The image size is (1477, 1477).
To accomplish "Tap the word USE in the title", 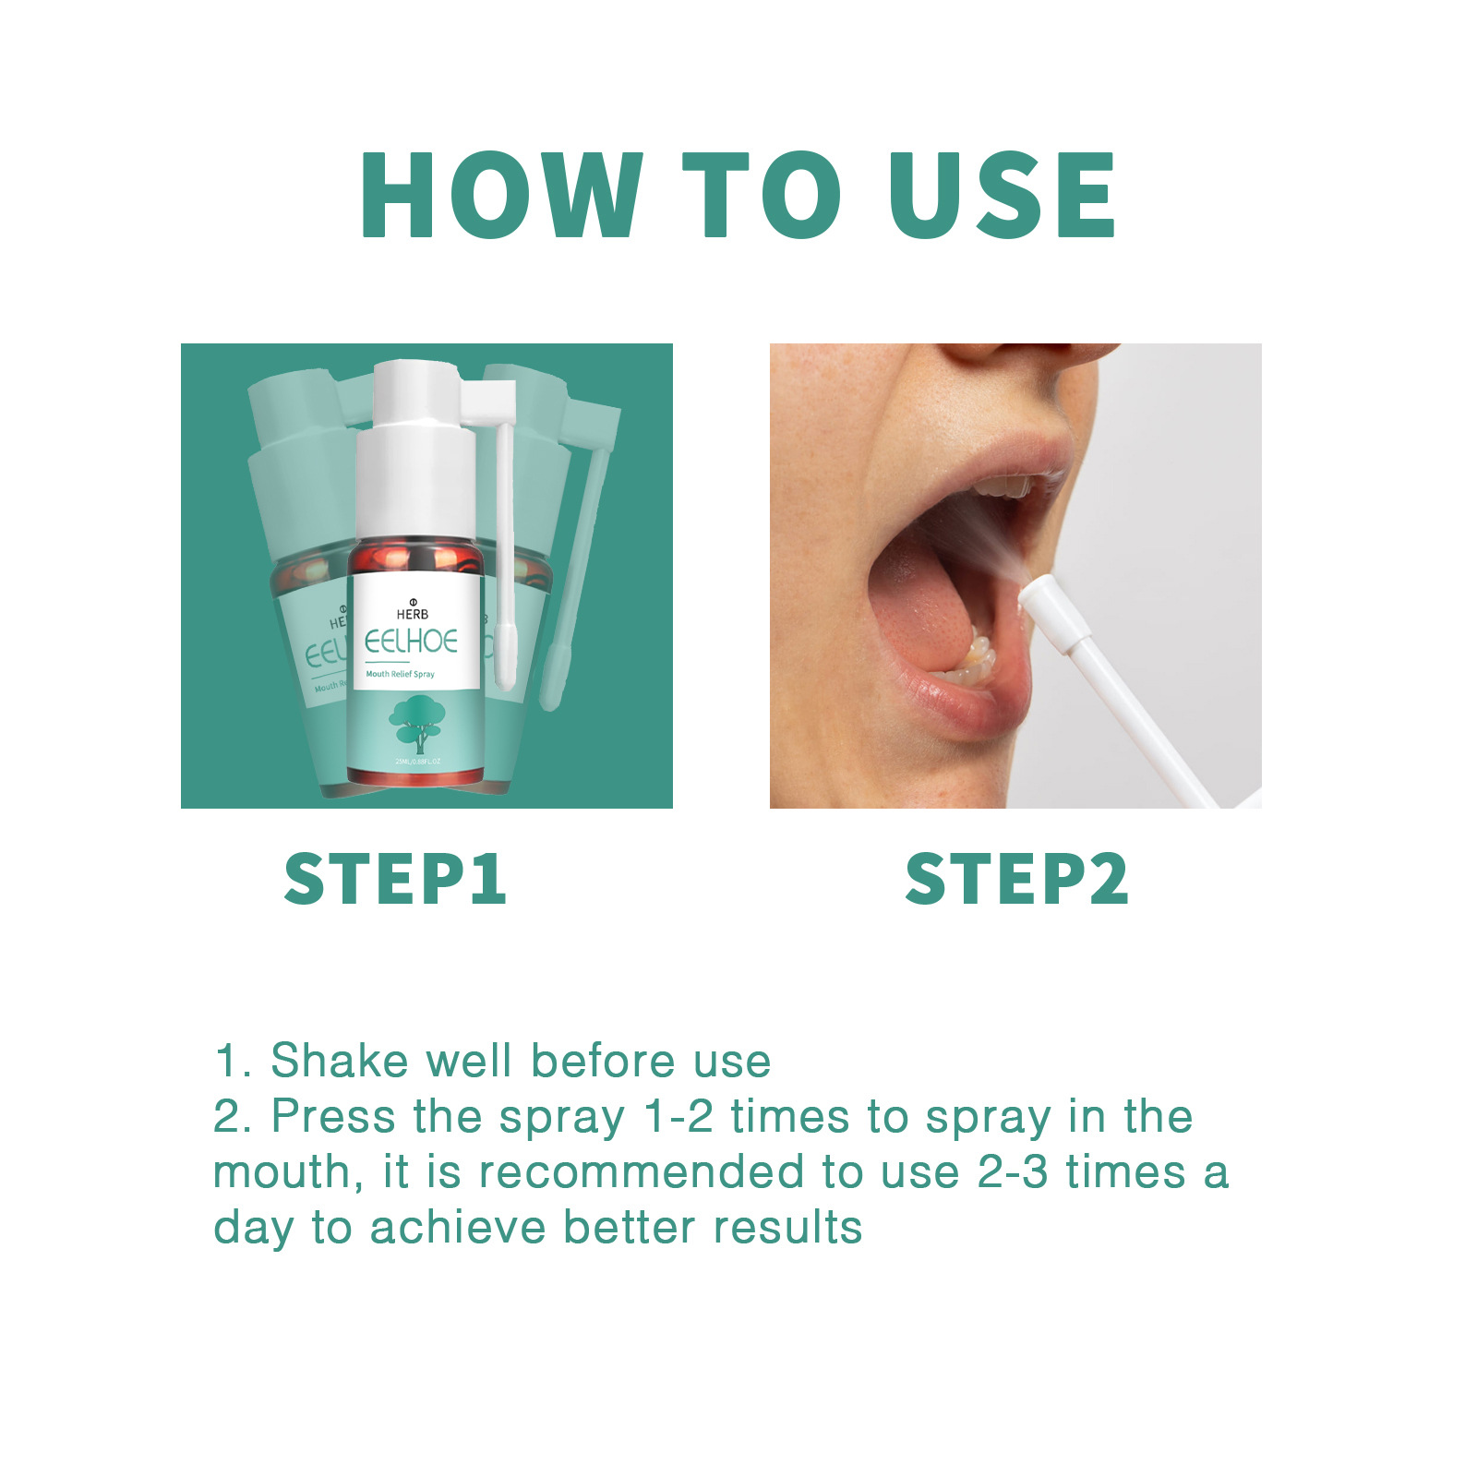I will pyautogui.click(x=1002, y=196).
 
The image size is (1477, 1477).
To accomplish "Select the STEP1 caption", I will pyautogui.click(x=395, y=879).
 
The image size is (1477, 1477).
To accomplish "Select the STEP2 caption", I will pyautogui.click(x=1016, y=879).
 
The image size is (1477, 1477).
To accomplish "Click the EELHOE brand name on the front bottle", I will pyautogui.click(x=411, y=642).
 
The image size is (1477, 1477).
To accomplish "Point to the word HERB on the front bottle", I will pyautogui.click(x=413, y=614).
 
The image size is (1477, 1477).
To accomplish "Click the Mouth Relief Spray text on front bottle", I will pyautogui.click(x=400, y=674).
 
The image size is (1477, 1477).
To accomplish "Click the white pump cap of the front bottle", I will pyautogui.click(x=415, y=462).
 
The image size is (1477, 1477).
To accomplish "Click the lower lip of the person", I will pyautogui.click(x=960, y=706).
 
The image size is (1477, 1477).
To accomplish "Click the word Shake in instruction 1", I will pyautogui.click(x=339, y=1061).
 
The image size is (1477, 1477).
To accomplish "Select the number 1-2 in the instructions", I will pyautogui.click(x=678, y=1117).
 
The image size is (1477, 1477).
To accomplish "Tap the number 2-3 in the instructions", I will pyautogui.click(x=1013, y=1172).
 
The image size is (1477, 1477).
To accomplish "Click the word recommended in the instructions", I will pyautogui.click(x=642, y=1172).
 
